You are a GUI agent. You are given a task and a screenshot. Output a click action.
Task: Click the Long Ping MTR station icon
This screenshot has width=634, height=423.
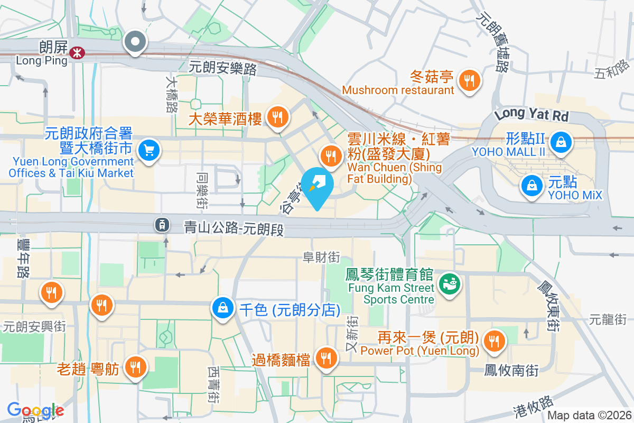(x=77, y=52)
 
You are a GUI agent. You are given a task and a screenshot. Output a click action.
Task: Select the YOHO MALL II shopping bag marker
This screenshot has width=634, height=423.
(x=560, y=142)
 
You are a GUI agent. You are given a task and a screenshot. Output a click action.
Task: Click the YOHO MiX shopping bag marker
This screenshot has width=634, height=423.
(x=531, y=186)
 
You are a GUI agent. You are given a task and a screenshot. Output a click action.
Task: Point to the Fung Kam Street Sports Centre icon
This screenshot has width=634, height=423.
(x=450, y=284)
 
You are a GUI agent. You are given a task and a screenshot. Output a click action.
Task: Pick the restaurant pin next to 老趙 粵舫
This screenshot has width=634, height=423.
(x=135, y=365)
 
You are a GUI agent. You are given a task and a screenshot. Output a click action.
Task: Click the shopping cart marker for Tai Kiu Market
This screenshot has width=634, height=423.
(x=148, y=151)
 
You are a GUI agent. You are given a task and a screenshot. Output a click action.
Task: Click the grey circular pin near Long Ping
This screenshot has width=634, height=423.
(x=135, y=42)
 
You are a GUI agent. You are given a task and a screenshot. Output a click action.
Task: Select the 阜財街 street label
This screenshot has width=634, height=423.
(x=321, y=258)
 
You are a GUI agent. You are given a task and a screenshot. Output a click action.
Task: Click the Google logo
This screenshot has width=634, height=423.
(x=35, y=410)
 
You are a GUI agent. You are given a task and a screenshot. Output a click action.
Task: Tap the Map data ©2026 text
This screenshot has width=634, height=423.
(x=589, y=416)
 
